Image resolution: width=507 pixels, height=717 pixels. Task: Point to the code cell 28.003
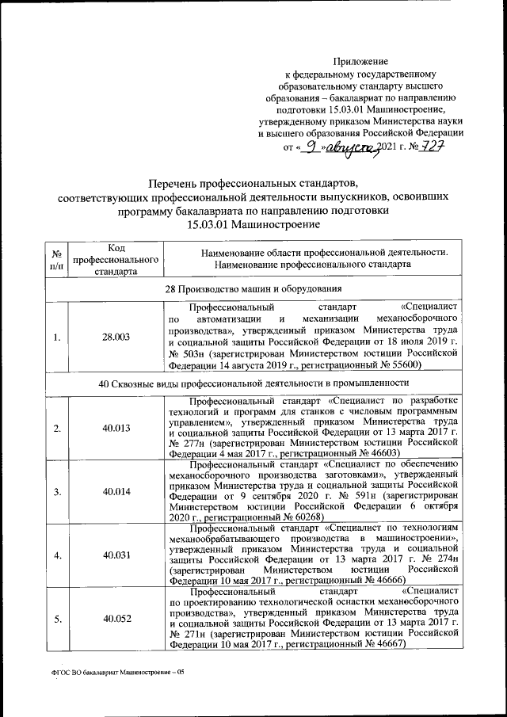pyautogui.click(x=116, y=337)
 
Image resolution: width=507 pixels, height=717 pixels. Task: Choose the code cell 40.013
pyautogui.click(x=116, y=429)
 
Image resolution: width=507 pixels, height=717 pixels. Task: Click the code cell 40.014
pyautogui.click(x=116, y=491)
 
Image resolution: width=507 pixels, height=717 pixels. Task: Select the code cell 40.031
pyautogui.click(x=116, y=555)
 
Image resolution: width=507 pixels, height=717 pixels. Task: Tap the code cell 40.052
pyautogui.click(x=116, y=619)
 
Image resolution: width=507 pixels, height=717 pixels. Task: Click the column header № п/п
pyautogui.click(x=57, y=260)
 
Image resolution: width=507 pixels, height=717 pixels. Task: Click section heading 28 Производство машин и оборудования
pyautogui.click(x=253, y=288)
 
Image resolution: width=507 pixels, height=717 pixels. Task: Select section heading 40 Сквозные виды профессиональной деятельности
pyautogui.click(x=253, y=384)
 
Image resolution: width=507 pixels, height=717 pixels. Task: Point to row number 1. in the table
pyautogui.click(x=57, y=337)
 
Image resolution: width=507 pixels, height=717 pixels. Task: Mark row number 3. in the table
pyautogui.click(x=57, y=491)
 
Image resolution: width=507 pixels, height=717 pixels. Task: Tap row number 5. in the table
pyautogui.click(x=57, y=619)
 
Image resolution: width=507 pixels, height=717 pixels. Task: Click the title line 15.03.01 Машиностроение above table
pyautogui.click(x=253, y=224)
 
